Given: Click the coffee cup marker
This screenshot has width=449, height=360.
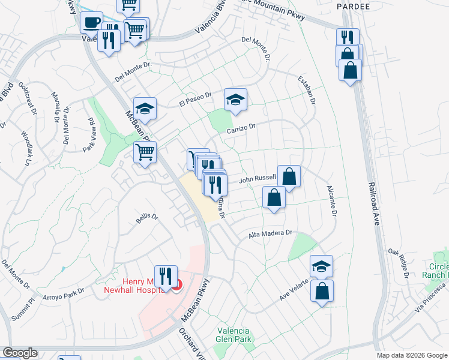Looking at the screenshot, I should coord(92,24).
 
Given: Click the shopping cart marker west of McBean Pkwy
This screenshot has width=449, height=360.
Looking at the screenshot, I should coord(145,154).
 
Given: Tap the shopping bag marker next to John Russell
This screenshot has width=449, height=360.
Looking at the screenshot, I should coord(289,178).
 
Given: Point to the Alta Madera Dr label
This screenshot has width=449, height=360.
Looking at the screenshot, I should coord(270,234).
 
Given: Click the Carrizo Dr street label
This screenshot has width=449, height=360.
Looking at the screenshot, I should coord(241,129).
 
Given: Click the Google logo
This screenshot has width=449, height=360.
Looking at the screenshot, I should coord(20,353).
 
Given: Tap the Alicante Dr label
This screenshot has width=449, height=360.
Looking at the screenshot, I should coord(331,200).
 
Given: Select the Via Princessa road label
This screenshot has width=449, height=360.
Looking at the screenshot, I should coord(432,307).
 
